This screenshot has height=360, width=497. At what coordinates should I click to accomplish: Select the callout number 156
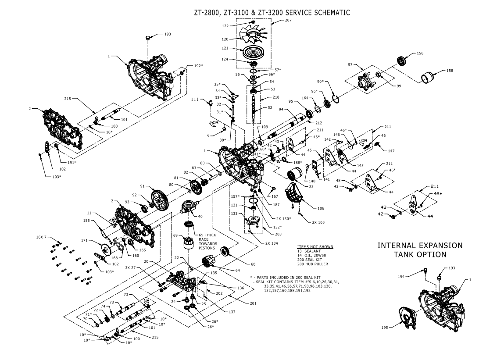tap(420, 53)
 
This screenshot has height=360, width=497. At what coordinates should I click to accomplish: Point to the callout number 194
tap(413, 276)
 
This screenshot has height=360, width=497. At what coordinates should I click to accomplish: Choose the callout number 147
tap(391, 151)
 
